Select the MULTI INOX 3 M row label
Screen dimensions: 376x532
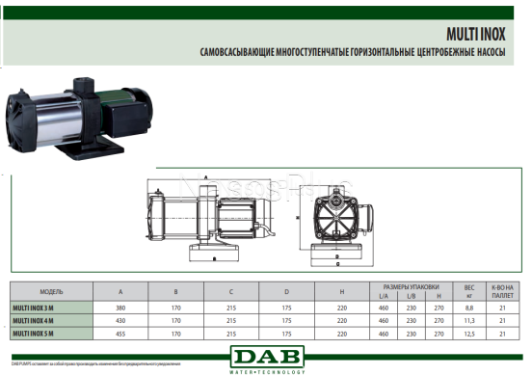pyautogui.click(x=36, y=307)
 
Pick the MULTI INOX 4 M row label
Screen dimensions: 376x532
pyautogui.click(x=36, y=320)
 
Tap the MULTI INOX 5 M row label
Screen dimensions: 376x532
pyautogui.click(x=36, y=333)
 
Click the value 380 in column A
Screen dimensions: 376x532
pyautogui.click(x=120, y=307)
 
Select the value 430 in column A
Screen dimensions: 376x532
pyautogui.click(x=120, y=320)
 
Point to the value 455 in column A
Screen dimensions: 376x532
pyautogui.click(x=120, y=333)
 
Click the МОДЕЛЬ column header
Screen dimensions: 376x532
pyautogui.click(x=51, y=291)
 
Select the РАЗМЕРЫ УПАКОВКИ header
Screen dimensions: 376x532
pyautogui.click(x=412, y=286)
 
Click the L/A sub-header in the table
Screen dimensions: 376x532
pyautogui.click(x=384, y=295)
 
